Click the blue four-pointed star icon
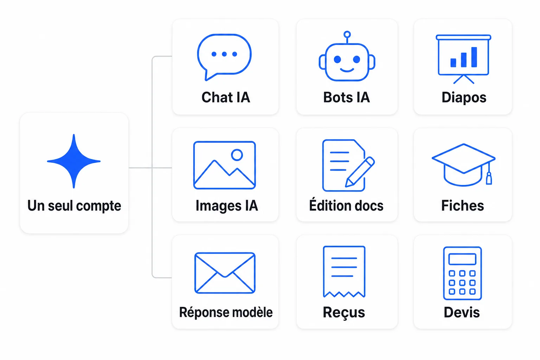pos(74,161)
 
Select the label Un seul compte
pos(74,206)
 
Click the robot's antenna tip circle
pos(347,34)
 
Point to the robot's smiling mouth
pos(347,70)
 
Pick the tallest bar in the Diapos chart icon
pos(474,57)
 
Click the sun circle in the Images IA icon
pos(237,155)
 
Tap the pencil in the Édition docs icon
pos(360,172)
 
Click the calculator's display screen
pos(462,259)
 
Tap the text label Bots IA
pos(346,97)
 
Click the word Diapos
pos(464,98)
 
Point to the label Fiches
pos(463,205)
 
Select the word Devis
pos(462,312)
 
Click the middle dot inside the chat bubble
pos(224,54)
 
